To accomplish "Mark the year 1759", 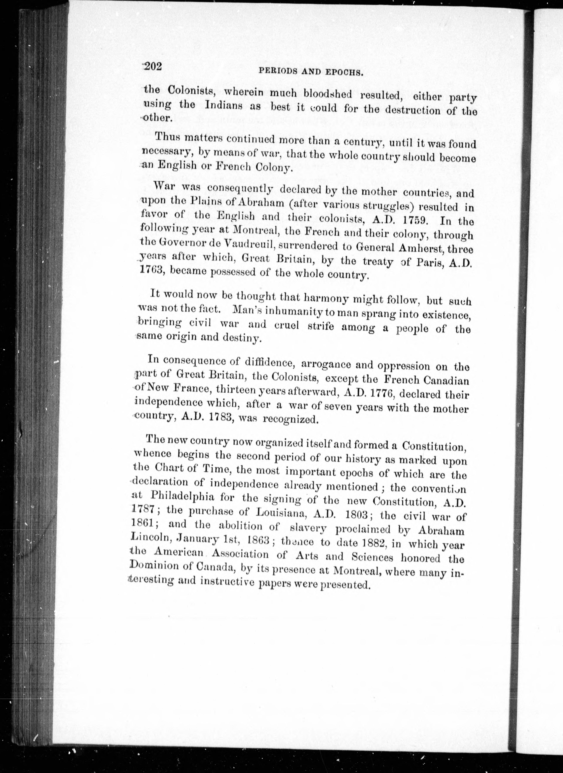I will tap(415, 220).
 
